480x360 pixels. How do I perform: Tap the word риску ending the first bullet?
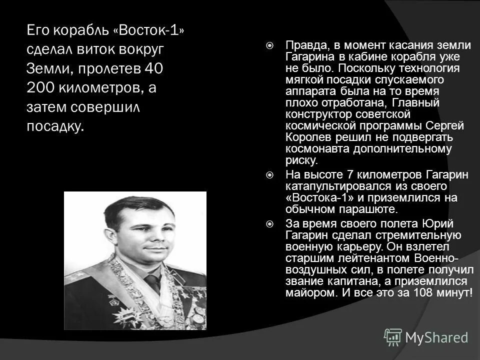tap(301, 160)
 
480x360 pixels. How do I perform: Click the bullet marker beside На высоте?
tap(269, 175)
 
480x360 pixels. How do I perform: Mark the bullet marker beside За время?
tap(269, 223)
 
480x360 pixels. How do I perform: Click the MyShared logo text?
tap(436, 337)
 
